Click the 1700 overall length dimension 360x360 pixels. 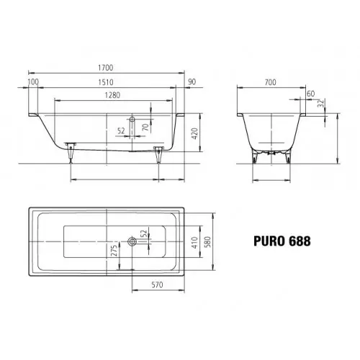coord(106,68)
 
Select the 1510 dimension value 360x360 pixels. coord(106,82)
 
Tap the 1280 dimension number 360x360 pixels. coord(112,95)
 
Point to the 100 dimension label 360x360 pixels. coord(33,82)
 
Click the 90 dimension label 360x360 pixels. coord(192,82)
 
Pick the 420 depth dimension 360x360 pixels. coord(194,134)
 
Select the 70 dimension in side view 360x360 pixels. coord(145,127)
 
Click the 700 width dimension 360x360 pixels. coord(271,82)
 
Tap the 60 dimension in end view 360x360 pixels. coord(311,94)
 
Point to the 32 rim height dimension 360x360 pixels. coord(320,103)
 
